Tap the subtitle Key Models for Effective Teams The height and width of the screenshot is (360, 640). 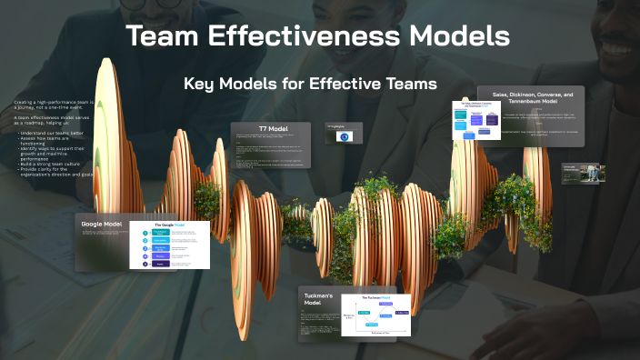(x=310, y=84)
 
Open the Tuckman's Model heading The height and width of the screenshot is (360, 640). (x=317, y=301)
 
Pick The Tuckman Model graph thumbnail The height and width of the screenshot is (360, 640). (x=375, y=315)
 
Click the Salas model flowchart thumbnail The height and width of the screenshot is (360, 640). (x=477, y=121)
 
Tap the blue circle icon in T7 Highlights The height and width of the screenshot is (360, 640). (x=344, y=136)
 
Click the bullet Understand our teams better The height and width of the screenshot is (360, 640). (x=50, y=132)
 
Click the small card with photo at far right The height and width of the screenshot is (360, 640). (x=583, y=173)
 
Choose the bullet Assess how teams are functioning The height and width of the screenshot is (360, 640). (x=50, y=140)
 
